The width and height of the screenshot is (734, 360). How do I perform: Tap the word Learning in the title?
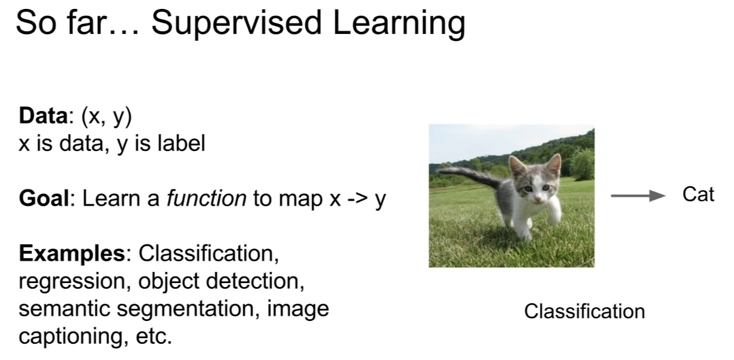[399, 24]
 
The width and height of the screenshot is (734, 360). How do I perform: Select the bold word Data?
[43, 116]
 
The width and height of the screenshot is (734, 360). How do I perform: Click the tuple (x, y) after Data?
[106, 116]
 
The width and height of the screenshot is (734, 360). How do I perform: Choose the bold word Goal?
[44, 198]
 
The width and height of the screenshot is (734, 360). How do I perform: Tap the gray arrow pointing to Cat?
[637, 196]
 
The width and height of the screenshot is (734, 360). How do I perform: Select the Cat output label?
[698, 195]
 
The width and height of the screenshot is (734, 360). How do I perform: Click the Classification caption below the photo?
[584, 311]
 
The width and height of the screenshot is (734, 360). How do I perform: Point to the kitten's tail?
[468, 172]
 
